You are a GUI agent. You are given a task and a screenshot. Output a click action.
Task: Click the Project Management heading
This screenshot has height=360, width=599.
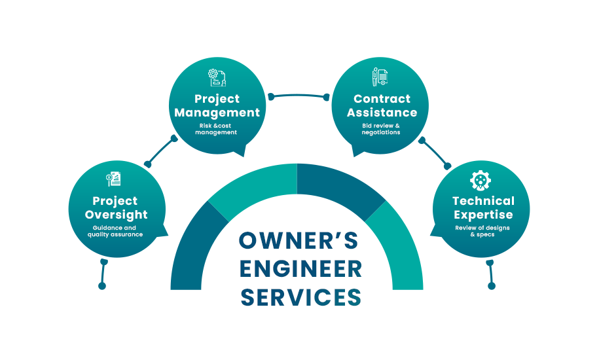coord(217,105)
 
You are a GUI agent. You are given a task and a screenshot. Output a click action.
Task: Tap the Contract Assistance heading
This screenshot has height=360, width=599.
coord(382,105)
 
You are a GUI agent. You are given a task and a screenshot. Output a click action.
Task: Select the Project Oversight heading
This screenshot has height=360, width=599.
coord(115,207)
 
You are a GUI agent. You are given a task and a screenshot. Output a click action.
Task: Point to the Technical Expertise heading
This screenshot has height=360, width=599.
coord(483,207)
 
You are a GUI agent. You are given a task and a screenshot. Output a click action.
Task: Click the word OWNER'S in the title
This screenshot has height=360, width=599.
coord(299,241)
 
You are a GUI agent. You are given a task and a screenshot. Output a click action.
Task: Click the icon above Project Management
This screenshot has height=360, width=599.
coord(217,78)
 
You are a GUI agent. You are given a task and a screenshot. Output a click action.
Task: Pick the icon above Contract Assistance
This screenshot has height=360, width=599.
coord(380,77)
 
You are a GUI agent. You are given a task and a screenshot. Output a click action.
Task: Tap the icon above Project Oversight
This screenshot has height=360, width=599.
coord(115,179)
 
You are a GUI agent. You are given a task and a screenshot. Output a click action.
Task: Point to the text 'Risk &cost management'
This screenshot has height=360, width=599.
coord(217,129)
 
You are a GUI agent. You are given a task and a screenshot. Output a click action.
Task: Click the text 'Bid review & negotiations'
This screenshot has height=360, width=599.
coord(382,129)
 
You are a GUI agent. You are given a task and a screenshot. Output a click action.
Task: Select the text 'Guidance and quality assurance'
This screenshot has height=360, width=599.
coord(116,231)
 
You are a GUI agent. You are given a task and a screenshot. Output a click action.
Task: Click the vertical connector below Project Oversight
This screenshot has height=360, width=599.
coord(102,274)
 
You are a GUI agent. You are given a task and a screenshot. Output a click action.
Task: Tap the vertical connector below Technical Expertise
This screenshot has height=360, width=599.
coord(492,274)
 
